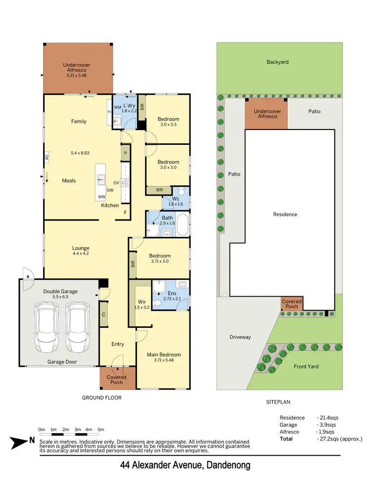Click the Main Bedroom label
164,354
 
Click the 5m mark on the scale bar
101,429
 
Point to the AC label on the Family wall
47,158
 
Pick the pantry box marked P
126,154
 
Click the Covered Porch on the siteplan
292,304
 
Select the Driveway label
240,337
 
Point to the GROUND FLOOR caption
101,397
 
